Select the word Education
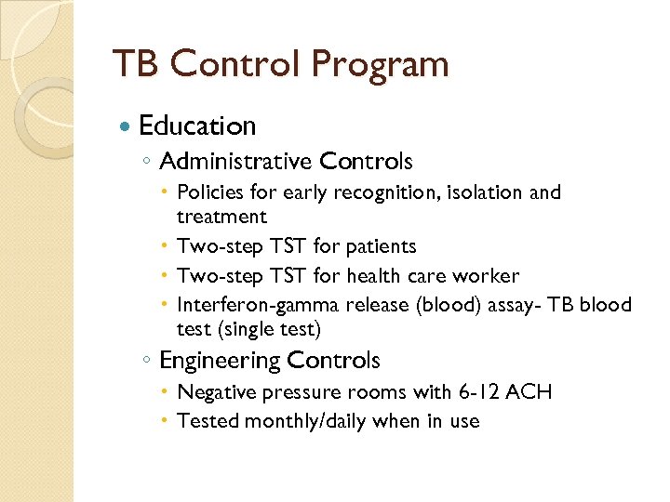coord(196,125)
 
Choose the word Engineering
coord(221,360)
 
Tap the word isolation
coord(479,192)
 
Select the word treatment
coord(221,217)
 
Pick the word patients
coord(381,246)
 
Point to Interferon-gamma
coord(258,305)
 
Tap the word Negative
coord(213,391)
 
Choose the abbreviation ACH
coord(530,391)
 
